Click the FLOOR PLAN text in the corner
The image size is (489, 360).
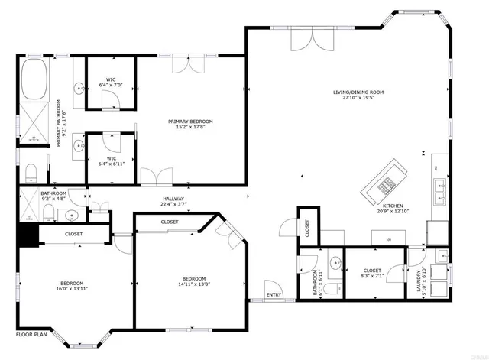click(31, 335)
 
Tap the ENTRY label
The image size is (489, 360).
click(273, 294)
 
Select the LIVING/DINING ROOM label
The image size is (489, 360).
click(363, 95)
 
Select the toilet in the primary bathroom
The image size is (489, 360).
click(31, 170)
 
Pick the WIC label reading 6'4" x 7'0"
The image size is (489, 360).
click(111, 83)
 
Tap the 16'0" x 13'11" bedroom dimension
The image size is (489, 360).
click(74, 289)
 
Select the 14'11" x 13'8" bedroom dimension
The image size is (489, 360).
click(194, 282)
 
